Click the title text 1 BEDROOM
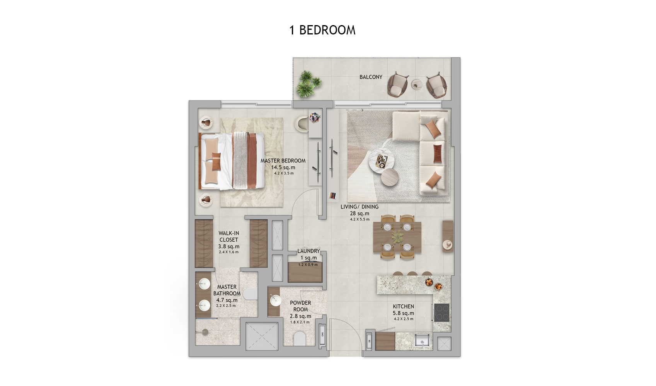click(x=322, y=30)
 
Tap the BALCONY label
click(x=371, y=77)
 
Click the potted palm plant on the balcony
click(x=308, y=84)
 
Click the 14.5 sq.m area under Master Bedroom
click(x=283, y=167)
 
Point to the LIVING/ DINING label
click(x=359, y=207)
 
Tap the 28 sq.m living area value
click(x=360, y=213)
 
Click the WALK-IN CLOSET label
click(x=228, y=236)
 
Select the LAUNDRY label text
click(x=308, y=251)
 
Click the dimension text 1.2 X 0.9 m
click(x=308, y=265)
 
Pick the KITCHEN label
click(x=403, y=306)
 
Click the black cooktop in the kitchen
click(x=441, y=313)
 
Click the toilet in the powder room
click(x=300, y=339)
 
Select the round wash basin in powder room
click(x=276, y=301)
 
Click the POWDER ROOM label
click(x=300, y=306)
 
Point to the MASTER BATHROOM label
click(x=227, y=290)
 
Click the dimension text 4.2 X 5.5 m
click(x=360, y=219)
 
